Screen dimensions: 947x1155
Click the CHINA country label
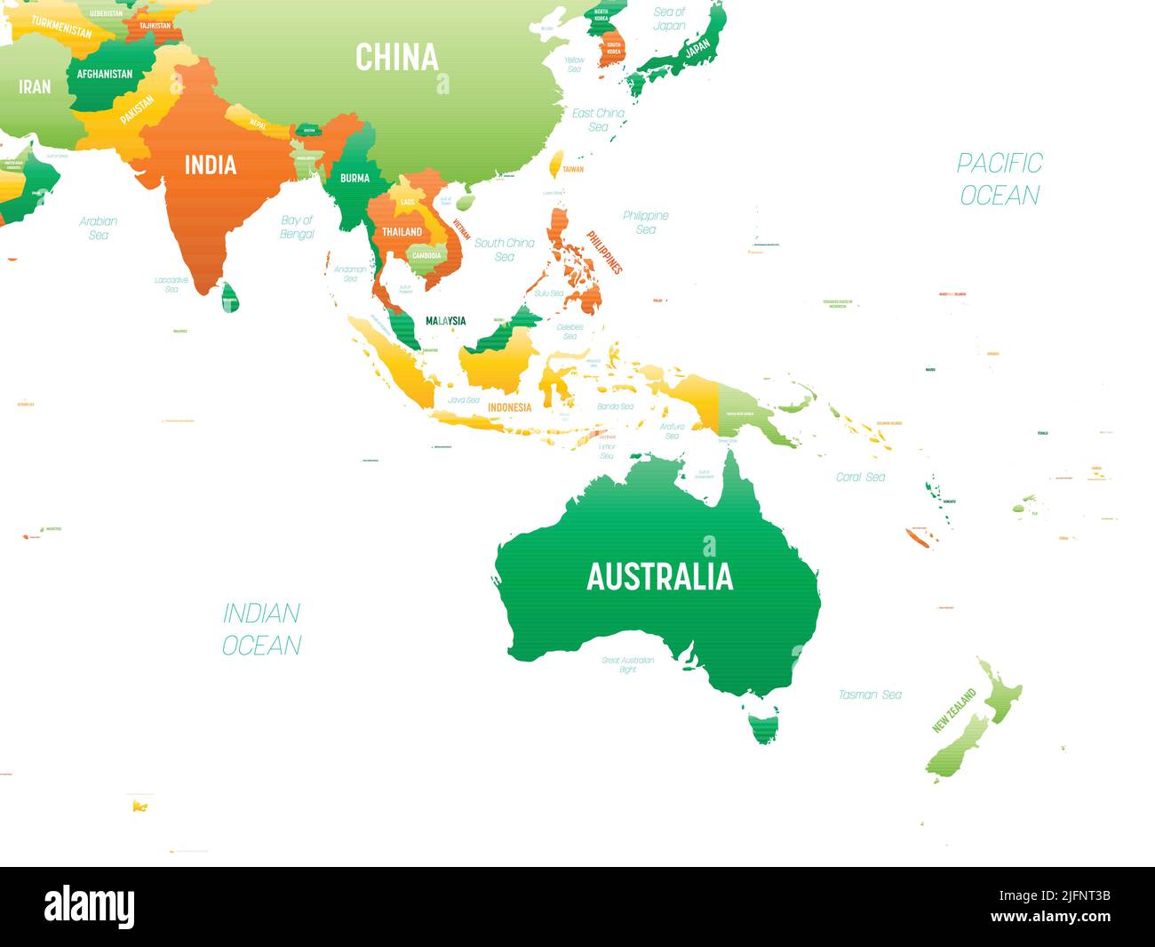pyautogui.click(x=397, y=57)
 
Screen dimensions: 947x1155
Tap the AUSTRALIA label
pyautogui.click(x=659, y=577)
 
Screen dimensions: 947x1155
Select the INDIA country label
pyautogui.click(x=211, y=165)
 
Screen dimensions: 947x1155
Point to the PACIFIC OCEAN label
pyautogui.click(x=1000, y=179)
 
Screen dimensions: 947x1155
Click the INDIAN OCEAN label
pyautogui.click(x=261, y=629)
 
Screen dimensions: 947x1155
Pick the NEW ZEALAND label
pyautogui.click(x=953, y=710)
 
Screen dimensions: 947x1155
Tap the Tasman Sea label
pyautogui.click(x=870, y=694)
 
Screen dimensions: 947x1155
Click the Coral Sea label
pyautogui.click(x=860, y=478)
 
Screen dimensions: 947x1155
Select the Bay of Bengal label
pyautogui.click(x=298, y=227)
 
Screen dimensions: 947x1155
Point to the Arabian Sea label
pyautogui.click(x=99, y=228)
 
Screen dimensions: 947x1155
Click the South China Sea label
pyautogui.click(x=505, y=249)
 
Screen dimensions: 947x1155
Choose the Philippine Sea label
pyautogui.click(x=646, y=222)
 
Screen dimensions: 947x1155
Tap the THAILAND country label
pyautogui.click(x=402, y=231)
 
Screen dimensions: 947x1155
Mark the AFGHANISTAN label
pyautogui.click(x=105, y=75)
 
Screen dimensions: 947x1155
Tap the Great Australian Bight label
pyautogui.click(x=628, y=664)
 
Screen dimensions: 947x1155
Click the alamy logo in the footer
pyautogui.click(x=90, y=906)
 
